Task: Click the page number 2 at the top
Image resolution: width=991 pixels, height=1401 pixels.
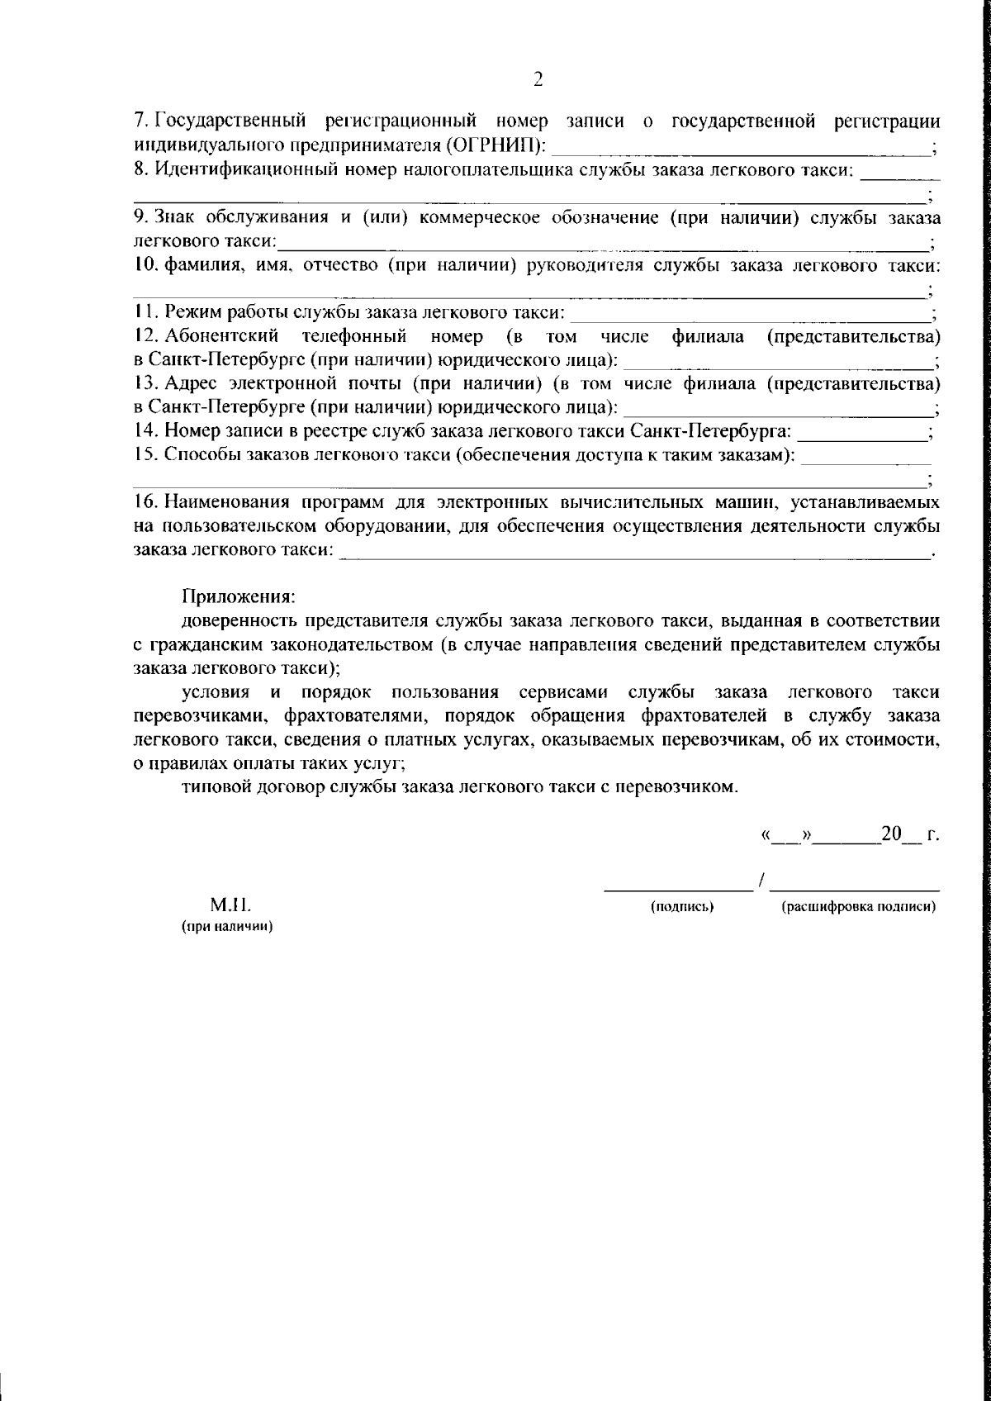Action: [x=538, y=79]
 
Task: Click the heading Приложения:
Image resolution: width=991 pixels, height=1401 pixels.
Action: [x=238, y=596]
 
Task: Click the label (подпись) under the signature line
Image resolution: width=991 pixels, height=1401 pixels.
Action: [x=682, y=907]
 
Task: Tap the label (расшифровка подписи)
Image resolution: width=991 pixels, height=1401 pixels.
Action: [x=858, y=907]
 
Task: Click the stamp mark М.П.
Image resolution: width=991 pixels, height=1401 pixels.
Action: [x=225, y=906]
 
